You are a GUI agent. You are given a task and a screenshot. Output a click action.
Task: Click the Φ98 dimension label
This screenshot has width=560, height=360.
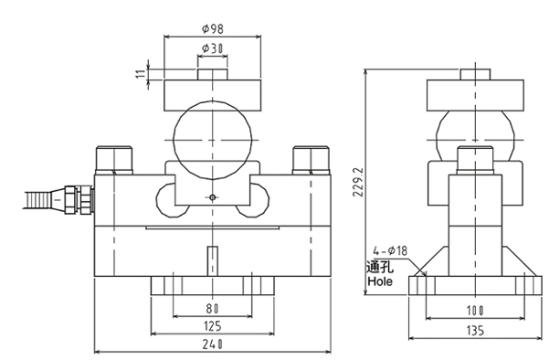coord(213,28)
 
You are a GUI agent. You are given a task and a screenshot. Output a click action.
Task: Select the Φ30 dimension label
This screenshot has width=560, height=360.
coord(213,48)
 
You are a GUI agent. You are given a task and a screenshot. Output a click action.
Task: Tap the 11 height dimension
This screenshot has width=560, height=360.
coord(142,74)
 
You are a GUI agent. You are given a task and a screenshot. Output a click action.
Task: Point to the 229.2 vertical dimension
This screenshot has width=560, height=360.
coord(358,182)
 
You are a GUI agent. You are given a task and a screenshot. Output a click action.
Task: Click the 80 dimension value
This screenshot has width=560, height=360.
coord(213,308)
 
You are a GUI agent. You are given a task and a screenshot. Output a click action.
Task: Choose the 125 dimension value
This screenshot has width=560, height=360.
coord(213,326)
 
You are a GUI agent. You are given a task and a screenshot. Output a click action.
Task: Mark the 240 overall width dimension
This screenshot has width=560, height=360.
coord(213,344)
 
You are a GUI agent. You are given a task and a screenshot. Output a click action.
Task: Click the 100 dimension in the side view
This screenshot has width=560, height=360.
coord(475,311)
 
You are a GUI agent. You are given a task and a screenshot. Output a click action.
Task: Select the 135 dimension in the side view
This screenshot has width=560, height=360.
coord(475,331)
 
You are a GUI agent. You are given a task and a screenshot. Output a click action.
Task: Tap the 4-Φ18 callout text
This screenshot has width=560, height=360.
coord(390,250)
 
